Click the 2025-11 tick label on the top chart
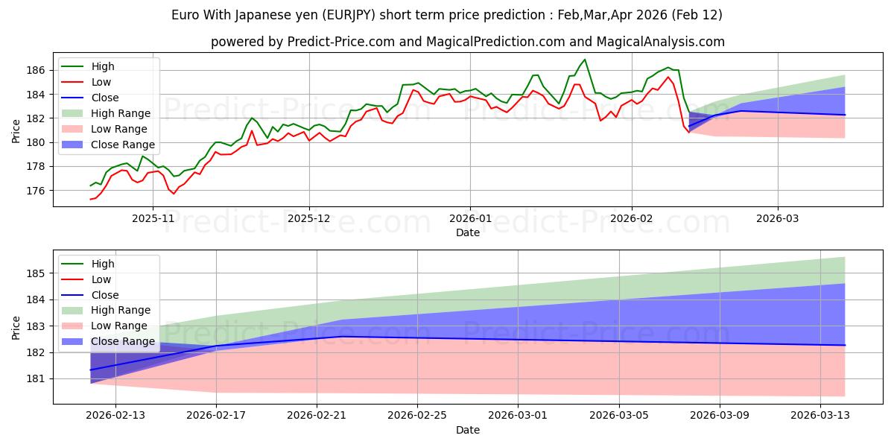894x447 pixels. click(153, 218)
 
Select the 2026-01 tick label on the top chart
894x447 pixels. click(469, 218)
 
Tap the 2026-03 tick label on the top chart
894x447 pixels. click(778, 218)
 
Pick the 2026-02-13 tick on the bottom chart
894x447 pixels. click(115, 416)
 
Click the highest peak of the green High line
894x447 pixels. click(585, 60)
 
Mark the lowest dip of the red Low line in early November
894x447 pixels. click(174, 194)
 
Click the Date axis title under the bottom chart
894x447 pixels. click(467, 430)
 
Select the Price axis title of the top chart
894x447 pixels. click(16, 130)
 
